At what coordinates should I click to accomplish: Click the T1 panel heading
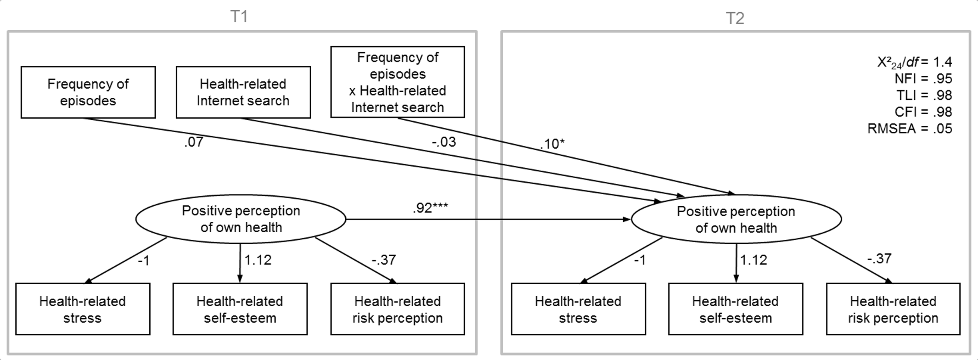tap(239, 17)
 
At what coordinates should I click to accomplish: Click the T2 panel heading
tap(735, 18)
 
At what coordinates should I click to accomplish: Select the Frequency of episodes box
tap(88, 92)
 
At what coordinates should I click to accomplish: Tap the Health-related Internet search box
tap(243, 92)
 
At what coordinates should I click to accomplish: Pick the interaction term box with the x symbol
tap(398, 82)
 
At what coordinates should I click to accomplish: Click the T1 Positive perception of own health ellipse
tap(241, 219)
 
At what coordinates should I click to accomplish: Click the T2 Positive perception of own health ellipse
tap(736, 220)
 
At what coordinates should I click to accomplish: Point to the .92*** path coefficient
tap(430, 208)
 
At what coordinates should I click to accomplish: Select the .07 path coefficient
tap(194, 142)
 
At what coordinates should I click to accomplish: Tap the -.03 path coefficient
tap(443, 142)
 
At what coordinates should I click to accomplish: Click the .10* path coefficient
tap(552, 144)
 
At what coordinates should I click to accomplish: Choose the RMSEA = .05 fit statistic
tap(910, 129)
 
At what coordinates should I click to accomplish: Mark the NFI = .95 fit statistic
tap(923, 78)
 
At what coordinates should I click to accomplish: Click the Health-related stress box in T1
tap(83, 309)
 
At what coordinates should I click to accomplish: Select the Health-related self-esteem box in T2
tap(735, 309)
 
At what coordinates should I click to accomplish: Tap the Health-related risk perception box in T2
tap(893, 309)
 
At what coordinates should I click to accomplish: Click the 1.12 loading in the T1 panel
tap(258, 260)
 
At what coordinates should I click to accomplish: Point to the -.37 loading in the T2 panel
tap(879, 258)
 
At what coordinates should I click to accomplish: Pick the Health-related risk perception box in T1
tap(398, 309)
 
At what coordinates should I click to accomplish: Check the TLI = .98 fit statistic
tap(924, 95)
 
